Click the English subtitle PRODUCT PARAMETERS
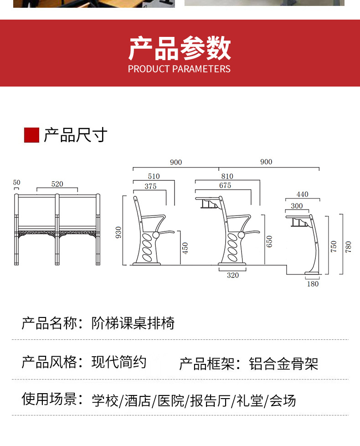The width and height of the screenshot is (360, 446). pyautogui.click(x=179, y=69)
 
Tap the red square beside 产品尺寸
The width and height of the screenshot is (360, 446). pyautogui.click(x=31, y=135)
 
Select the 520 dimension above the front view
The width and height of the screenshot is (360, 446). pyautogui.click(x=57, y=184)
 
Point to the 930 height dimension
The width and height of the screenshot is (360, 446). pyautogui.click(x=118, y=232)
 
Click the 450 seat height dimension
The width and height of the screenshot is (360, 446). pyautogui.click(x=185, y=248)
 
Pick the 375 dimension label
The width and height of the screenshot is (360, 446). pyautogui.click(x=150, y=186)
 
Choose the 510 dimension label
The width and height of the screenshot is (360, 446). pyautogui.click(x=154, y=176)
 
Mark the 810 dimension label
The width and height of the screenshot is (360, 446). pyautogui.click(x=227, y=176)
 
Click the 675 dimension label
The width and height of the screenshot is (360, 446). pyautogui.click(x=225, y=185)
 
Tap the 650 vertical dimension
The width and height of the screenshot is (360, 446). pyautogui.click(x=269, y=241)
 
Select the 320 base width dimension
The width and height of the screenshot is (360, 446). pyautogui.click(x=233, y=275)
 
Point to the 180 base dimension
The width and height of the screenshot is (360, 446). pyautogui.click(x=313, y=284)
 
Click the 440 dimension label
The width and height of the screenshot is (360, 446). pyautogui.click(x=302, y=194)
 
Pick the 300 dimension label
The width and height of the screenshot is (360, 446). pyautogui.click(x=297, y=206)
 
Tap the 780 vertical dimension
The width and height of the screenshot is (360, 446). pyautogui.click(x=348, y=246)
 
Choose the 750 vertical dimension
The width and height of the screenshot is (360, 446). pyautogui.click(x=334, y=246)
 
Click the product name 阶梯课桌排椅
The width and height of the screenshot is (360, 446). pyautogui.click(x=133, y=323)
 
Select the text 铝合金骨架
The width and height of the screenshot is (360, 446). pyautogui.click(x=283, y=364)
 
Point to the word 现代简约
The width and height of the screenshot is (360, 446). pyautogui.click(x=118, y=362)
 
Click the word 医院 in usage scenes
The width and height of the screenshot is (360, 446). pyautogui.click(x=171, y=401)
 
